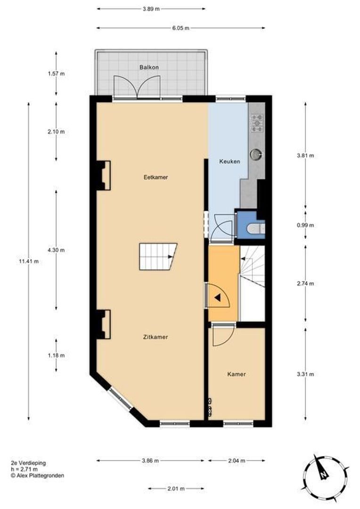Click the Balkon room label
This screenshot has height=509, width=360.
(149, 67)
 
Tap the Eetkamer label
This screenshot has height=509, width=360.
(156, 177)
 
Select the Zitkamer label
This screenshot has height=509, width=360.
(156, 337)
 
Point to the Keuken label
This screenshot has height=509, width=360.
(229, 161)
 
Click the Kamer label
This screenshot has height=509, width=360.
(236, 374)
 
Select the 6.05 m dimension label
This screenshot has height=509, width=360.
(180, 28)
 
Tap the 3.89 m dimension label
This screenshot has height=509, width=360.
(151, 8)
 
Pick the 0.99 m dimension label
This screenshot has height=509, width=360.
(305, 225)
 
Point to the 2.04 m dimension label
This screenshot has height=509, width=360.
(236, 460)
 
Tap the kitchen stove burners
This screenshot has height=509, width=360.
(257, 123)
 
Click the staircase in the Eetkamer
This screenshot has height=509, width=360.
(157, 257)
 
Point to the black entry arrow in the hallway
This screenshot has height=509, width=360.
(217, 297)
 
